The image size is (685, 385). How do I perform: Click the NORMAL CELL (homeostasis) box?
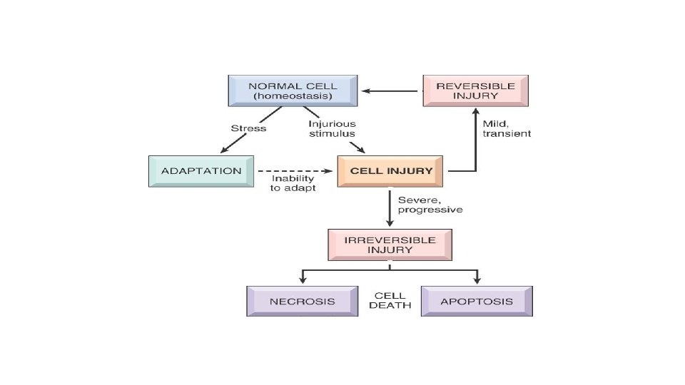(293, 91)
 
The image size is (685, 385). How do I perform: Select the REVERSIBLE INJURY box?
(475, 91)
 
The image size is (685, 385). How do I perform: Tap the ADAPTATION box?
(201, 171)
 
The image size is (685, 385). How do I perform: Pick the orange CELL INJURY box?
(390, 171)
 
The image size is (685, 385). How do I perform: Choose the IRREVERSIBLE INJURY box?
(389, 245)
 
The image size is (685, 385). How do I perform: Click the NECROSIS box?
(302, 301)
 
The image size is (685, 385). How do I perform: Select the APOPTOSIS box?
(477, 301)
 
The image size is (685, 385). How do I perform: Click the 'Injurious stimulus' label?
(332, 128)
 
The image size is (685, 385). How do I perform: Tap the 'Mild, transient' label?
(507, 128)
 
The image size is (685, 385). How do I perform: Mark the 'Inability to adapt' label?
(293, 183)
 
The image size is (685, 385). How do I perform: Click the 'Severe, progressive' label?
(430, 205)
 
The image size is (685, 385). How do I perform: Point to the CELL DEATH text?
(390, 300)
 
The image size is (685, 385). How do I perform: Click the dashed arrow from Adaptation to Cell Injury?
(295, 171)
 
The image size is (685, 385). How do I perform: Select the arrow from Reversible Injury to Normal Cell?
(390, 91)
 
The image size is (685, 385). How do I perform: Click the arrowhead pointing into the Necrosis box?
(302, 281)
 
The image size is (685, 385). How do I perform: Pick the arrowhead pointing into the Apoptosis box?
(477, 281)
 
